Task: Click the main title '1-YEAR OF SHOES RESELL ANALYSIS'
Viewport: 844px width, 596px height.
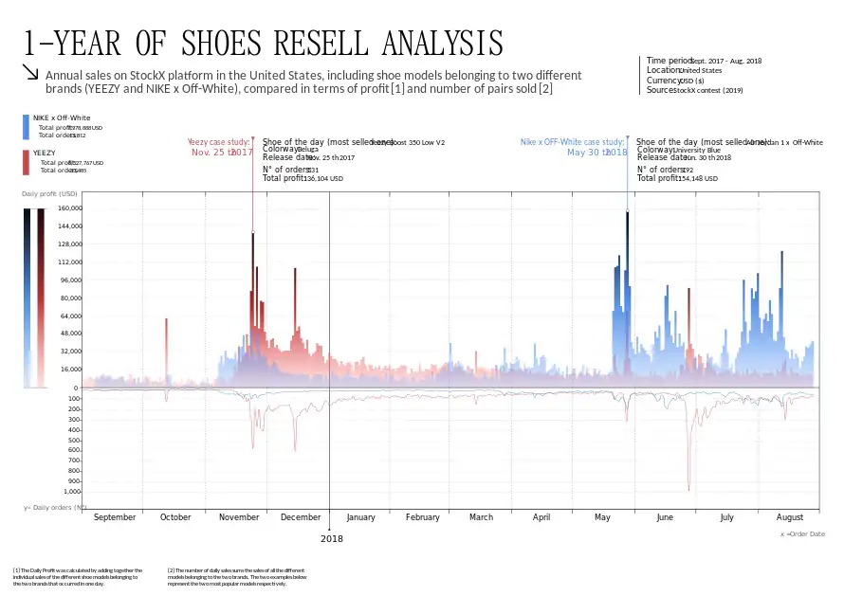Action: tap(263, 43)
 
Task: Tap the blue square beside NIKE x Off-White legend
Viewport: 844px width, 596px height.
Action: tap(26, 126)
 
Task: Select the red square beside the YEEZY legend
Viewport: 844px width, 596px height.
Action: tap(26, 162)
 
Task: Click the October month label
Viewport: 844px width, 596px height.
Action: tap(175, 517)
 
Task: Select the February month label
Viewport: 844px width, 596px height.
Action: tap(422, 517)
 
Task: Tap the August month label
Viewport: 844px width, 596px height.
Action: tap(789, 517)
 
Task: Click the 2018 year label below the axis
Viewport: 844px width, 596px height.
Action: tap(331, 538)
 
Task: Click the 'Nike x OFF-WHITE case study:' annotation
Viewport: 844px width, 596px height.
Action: tap(572, 142)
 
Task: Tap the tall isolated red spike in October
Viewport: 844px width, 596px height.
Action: tap(166, 351)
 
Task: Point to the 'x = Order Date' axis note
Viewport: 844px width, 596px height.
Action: tap(801, 534)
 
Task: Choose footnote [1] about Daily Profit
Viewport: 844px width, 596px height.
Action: tap(78, 576)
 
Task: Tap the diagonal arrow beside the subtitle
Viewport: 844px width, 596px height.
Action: tap(31, 73)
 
